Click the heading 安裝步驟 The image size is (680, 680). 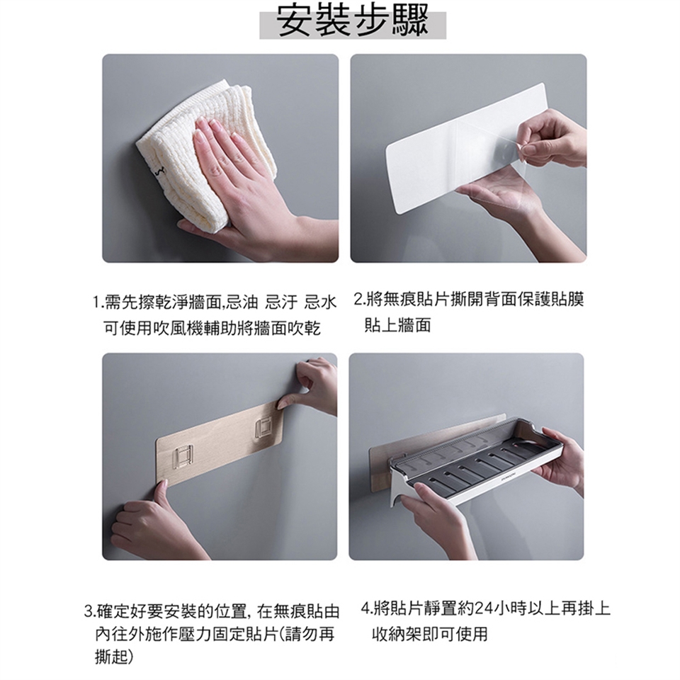[353, 21]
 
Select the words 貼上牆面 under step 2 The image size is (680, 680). [397, 325]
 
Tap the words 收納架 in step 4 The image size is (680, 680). [397, 634]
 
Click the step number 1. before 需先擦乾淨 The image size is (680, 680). [98, 302]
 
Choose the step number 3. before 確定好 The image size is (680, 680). [90, 612]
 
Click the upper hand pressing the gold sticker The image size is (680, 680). [310, 386]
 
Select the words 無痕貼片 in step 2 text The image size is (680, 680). [400, 299]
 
